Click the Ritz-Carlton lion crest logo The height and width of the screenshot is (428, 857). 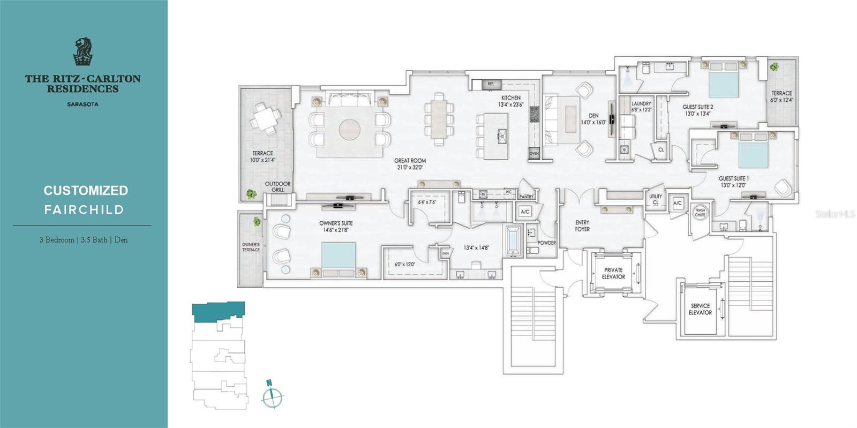click(x=82, y=51)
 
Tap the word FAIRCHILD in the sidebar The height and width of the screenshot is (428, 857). click(x=84, y=210)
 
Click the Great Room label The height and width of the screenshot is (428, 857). click(x=410, y=161)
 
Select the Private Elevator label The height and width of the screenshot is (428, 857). click(x=613, y=273)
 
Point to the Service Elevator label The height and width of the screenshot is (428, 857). click(x=700, y=309)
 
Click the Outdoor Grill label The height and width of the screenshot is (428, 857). click(x=277, y=186)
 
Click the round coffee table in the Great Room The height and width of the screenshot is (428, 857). click(x=350, y=130)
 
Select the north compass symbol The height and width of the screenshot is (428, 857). click(x=272, y=396)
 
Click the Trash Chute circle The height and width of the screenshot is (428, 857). click(x=700, y=212)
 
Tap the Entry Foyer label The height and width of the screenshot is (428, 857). click(x=582, y=226)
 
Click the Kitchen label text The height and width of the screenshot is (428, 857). click(x=510, y=98)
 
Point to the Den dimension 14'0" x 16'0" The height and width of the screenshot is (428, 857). click(x=593, y=122)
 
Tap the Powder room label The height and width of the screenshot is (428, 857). click(x=546, y=243)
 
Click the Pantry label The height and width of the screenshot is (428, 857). click(x=527, y=197)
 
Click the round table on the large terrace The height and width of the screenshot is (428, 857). click(x=266, y=118)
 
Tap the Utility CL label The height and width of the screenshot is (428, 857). click(x=656, y=199)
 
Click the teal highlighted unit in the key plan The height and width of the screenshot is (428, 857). click(x=219, y=311)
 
